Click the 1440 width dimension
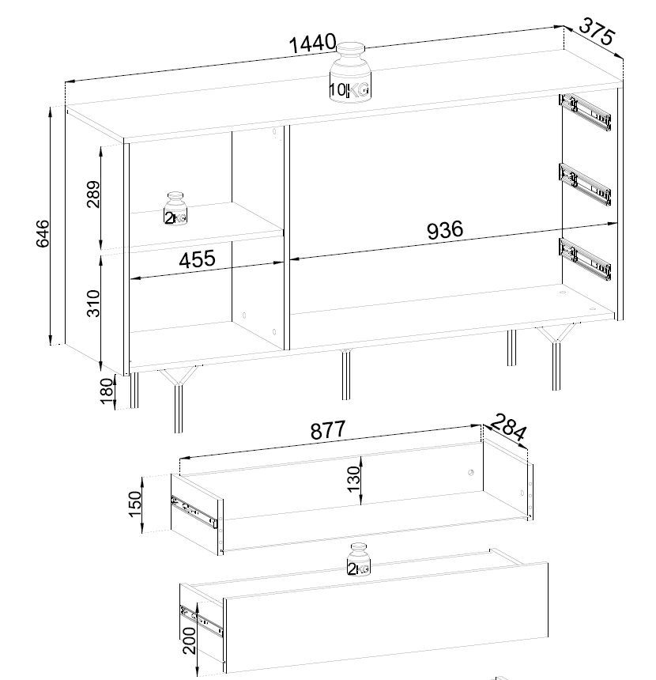(312, 43)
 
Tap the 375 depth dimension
(597, 31)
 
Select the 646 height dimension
(43, 233)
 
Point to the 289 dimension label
(92, 195)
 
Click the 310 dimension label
(93, 304)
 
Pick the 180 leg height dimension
(106, 391)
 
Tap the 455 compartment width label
(197, 259)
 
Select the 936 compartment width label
(445, 230)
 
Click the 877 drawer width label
(328, 430)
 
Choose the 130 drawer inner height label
(354, 479)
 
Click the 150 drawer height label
(135, 504)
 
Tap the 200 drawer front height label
(189, 640)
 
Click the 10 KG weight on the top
(350, 73)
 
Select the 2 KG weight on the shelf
(175, 208)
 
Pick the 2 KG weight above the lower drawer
(359, 559)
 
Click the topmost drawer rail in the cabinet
(586, 112)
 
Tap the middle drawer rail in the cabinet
(586, 183)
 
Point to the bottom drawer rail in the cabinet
(586, 259)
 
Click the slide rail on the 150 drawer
(194, 512)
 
